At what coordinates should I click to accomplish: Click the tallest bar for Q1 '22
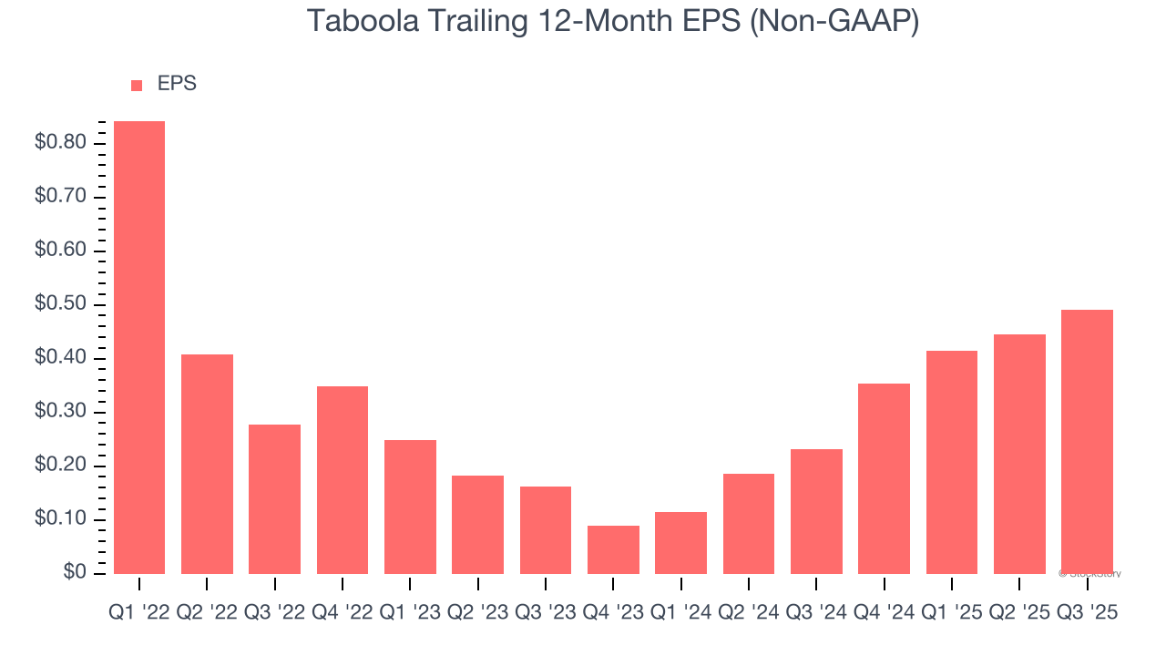139,347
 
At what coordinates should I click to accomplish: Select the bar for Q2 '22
207,464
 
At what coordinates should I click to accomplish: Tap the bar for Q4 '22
343,479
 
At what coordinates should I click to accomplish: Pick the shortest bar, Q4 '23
613,549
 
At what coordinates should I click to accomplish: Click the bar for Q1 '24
680,543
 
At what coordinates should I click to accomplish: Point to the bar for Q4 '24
884,478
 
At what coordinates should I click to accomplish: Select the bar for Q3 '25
1087,442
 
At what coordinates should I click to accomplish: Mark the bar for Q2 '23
477,525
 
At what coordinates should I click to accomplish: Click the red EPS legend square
137,85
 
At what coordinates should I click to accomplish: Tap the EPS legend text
177,84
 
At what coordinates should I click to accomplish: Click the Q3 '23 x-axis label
546,613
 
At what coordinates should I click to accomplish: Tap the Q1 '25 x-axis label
951,613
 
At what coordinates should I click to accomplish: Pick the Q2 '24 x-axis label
749,613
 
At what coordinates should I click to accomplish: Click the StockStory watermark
1090,574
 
